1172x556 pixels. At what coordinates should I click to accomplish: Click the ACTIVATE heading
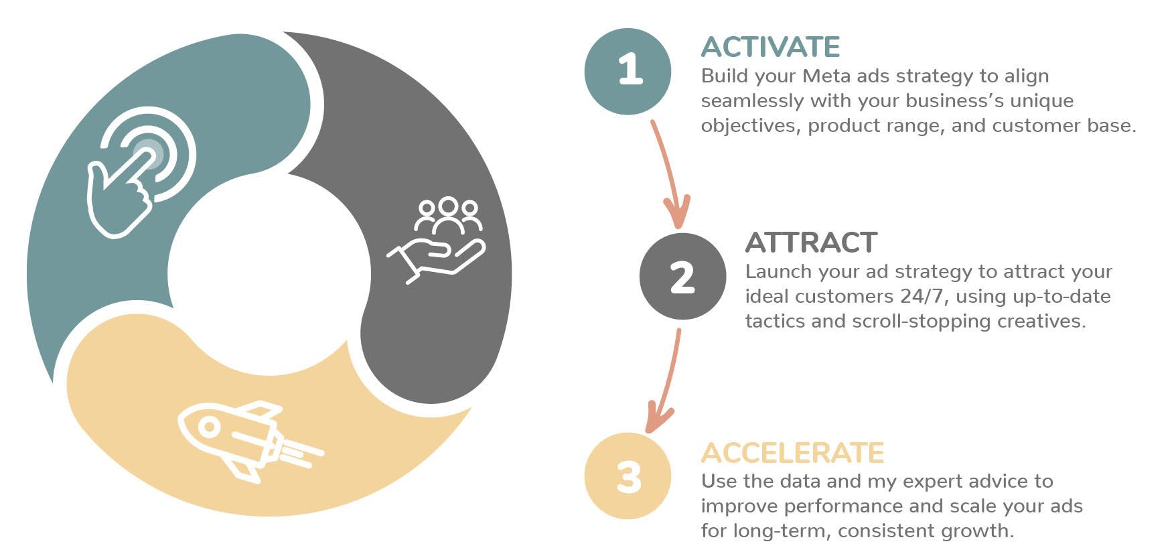pyautogui.click(x=770, y=47)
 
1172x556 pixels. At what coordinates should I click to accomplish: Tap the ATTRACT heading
pyautogui.click(x=811, y=242)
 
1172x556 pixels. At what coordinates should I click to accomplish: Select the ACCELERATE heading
pyautogui.click(x=792, y=453)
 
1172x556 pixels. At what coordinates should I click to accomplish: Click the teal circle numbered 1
pyautogui.click(x=628, y=71)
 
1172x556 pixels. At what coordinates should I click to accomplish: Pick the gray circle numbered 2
pyautogui.click(x=682, y=276)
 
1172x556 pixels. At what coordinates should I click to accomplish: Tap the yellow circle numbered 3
pyautogui.click(x=628, y=476)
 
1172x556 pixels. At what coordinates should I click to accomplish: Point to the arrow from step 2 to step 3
pyautogui.click(x=666, y=382)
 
